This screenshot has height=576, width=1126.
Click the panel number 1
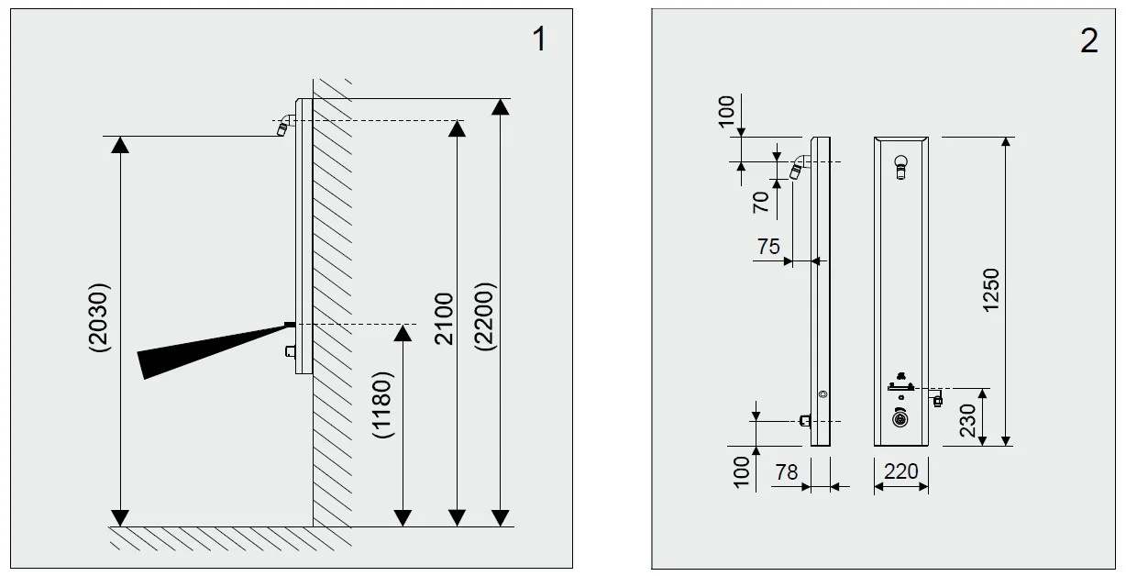point(539,39)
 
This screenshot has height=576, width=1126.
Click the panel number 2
point(1088,40)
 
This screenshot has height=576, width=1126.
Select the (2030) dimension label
point(98,317)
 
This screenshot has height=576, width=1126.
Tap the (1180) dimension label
point(381,405)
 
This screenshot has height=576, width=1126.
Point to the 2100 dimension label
point(444,318)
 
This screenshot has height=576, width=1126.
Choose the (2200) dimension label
point(485,316)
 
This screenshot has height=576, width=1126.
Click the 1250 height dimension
point(991,290)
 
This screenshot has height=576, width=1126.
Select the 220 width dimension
point(900,471)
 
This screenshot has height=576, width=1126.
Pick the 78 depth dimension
point(787,472)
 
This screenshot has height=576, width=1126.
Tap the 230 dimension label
point(967,420)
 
